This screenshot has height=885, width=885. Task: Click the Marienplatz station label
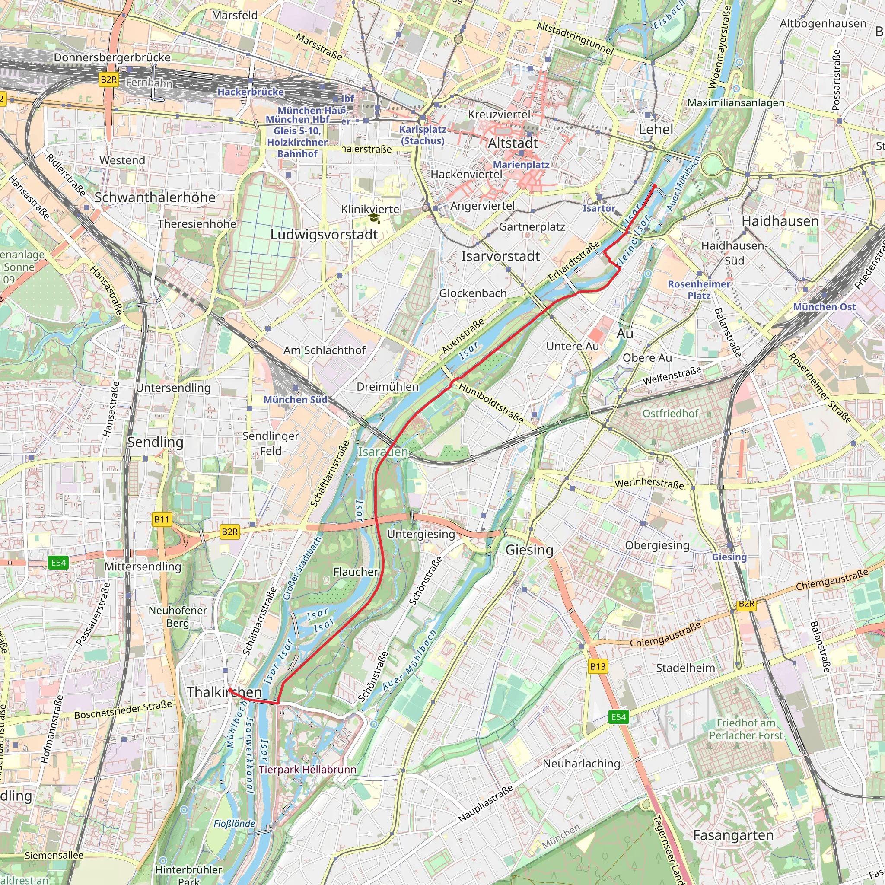point(521,165)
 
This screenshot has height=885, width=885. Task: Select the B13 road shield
point(598,666)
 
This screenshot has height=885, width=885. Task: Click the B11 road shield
point(161,519)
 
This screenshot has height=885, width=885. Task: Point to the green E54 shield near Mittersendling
point(58,563)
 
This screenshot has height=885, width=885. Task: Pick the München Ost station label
point(824,307)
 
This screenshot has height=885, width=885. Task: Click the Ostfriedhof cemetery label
point(670,413)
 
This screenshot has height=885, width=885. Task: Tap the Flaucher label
point(356,572)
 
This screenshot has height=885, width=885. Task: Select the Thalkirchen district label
point(224,692)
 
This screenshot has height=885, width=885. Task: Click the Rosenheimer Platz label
point(699,290)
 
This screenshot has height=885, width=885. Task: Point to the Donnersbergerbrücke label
point(112,58)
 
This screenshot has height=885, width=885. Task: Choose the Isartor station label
point(598,208)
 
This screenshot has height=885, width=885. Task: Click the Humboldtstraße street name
point(491,403)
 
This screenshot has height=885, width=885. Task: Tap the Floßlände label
point(234,824)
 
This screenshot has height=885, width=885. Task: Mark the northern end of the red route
point(655,185)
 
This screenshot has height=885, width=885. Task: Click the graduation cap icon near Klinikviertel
point(374,219)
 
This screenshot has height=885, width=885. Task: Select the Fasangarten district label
point(733,835)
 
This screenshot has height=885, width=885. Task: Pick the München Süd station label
point(296,399)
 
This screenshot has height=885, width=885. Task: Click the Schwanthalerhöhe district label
point(155,197)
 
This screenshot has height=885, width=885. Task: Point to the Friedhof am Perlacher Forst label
point(746,729)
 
